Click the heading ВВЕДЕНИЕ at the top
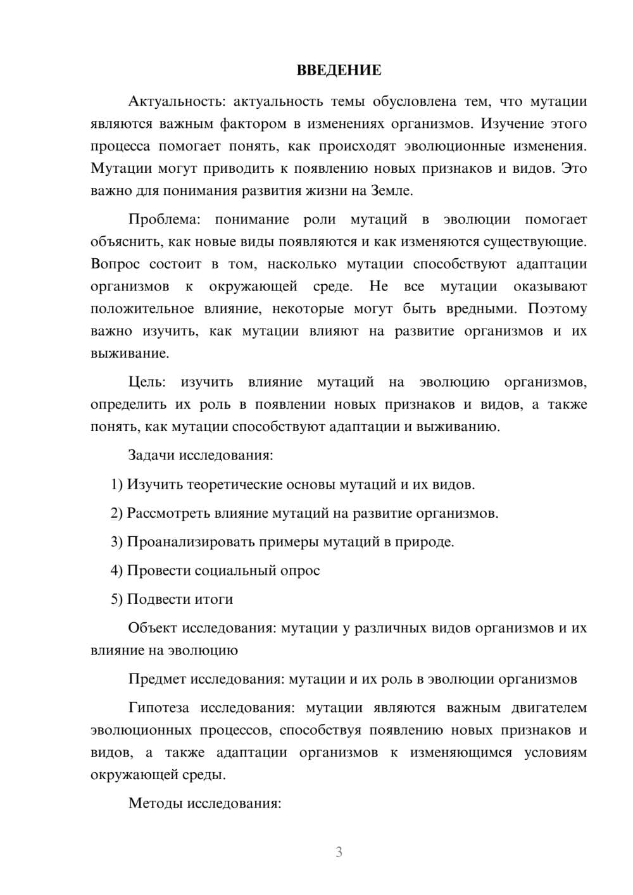click(339, 70)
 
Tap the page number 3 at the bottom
click(339, 852)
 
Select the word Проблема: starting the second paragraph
click(164, 220)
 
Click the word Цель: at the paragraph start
click(147, 382)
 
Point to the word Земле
click(391, 191)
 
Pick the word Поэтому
click(557, 309)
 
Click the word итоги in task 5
click(214, 599)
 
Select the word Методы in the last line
click(155, 804)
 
